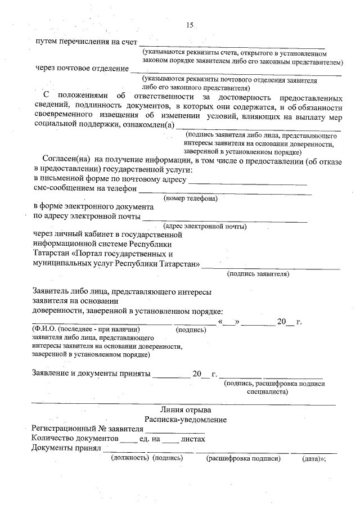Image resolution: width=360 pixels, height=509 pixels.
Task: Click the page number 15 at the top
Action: [190, 25]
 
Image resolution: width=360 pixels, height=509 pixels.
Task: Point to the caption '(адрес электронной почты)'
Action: [205, 226]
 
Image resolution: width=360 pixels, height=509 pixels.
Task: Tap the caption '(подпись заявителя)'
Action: [258, 274]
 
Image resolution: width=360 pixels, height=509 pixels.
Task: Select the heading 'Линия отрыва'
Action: [186, 409]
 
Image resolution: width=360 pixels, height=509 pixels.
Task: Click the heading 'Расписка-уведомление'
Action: [186, 420]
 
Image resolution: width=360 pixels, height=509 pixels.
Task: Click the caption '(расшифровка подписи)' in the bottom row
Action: [243, 458]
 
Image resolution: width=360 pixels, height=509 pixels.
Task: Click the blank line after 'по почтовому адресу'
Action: [247, 183]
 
